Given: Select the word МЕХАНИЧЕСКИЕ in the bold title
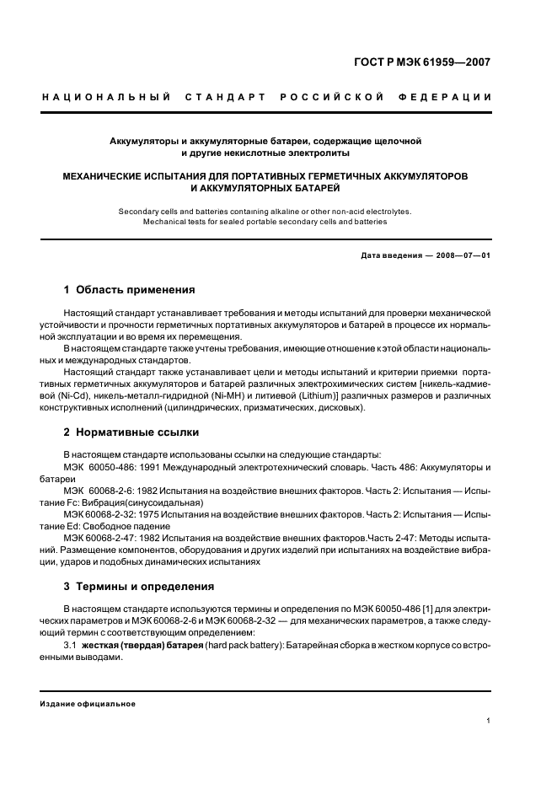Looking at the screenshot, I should click(x=109, y=177).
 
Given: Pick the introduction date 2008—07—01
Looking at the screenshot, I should click(x=460, y=255).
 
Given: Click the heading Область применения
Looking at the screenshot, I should click(x=136, y=290).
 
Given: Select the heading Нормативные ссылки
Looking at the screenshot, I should click(x=137, y=432).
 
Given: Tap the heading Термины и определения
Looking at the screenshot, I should click(x=145, y=586).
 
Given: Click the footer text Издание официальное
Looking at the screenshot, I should click(x=88, y=703).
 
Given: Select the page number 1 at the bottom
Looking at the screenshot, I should click(x=488, y=721).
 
